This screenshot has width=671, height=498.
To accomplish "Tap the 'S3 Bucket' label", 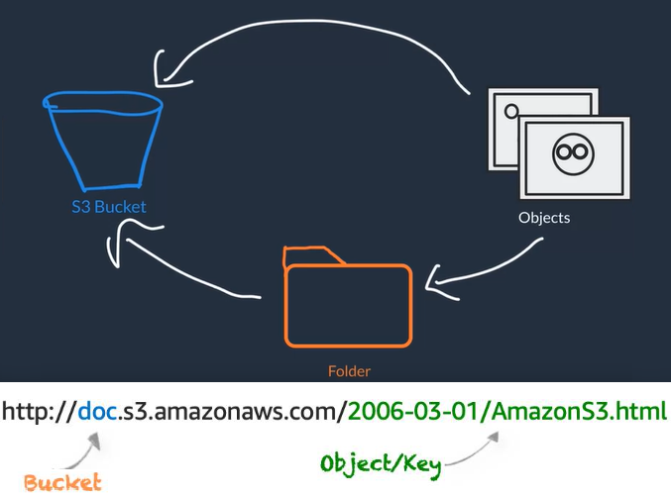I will (108, 207).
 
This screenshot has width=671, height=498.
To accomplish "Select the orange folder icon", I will (348, 303).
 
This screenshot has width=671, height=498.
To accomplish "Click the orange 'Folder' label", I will (348, 372).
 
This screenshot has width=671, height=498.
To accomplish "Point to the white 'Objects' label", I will (544, 217).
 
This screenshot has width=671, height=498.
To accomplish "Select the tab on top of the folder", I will (312, 255).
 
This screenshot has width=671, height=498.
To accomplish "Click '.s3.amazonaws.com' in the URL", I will (229, 410).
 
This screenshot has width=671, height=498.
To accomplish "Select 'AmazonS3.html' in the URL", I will (579, 410).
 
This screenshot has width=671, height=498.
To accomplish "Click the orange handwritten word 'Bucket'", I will (62, 483).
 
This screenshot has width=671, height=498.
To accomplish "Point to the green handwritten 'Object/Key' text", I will (382, 463).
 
